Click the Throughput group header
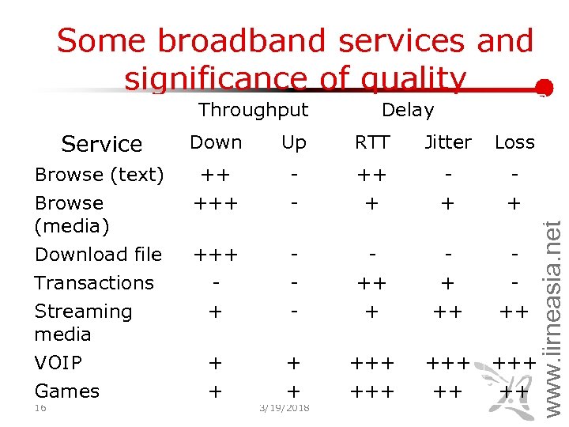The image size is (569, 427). coord(253,110)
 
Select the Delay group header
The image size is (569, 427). coord(407,110)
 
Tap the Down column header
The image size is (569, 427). coord(216,142)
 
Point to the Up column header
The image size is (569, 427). coord(293,142)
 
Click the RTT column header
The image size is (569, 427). coord(371,142)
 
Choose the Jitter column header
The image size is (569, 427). coord(447,142)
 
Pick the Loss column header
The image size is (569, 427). coord(514,142)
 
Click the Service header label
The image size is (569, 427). coord(101,144)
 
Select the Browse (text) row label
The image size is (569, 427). coord(99,175)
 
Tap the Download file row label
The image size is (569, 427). coord(98,255)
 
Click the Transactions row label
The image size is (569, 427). coord(94,283)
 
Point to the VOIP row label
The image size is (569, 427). coord(58,363)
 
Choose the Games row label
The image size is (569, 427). coord(66,391)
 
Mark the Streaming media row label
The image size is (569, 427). coord(83,323)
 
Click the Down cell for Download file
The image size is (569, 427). coord(216,255)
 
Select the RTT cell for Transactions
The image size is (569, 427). coord(371,283)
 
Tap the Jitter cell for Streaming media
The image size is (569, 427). coord(447,312)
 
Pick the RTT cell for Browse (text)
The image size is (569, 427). coord(371,175)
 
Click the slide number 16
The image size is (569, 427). coord(41,408)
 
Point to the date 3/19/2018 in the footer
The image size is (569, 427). coord(284,408)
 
